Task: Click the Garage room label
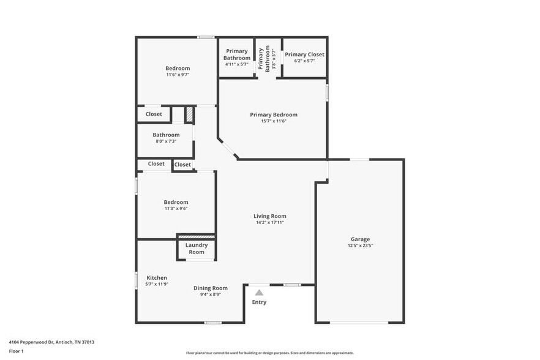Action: (x=360, y=239)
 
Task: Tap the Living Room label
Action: (x=270, y=216)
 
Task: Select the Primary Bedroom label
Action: (x=273, y=114)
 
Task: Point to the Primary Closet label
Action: (x=304, y=54)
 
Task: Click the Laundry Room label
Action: (x=197, y=249)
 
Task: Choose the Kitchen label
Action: (x=156, y=278)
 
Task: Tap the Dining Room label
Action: (x=211, y=288)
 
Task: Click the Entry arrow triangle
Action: (x=259, y=293)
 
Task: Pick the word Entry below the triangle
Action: (x=259, y=302)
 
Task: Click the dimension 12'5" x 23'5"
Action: (x=360, y=246)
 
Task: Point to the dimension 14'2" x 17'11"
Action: (x=270, y=223)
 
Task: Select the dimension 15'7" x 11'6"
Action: (x=273, y=121)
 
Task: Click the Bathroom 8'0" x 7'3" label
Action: (x=166, y=138)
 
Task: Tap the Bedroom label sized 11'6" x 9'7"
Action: (x=178, y=71)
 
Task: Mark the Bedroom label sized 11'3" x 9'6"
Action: (x=176, y=205)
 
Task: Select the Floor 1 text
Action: (x=17, y=351)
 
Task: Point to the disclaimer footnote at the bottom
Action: (x=269, y=353)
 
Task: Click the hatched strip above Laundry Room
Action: (x=196, y=236)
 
